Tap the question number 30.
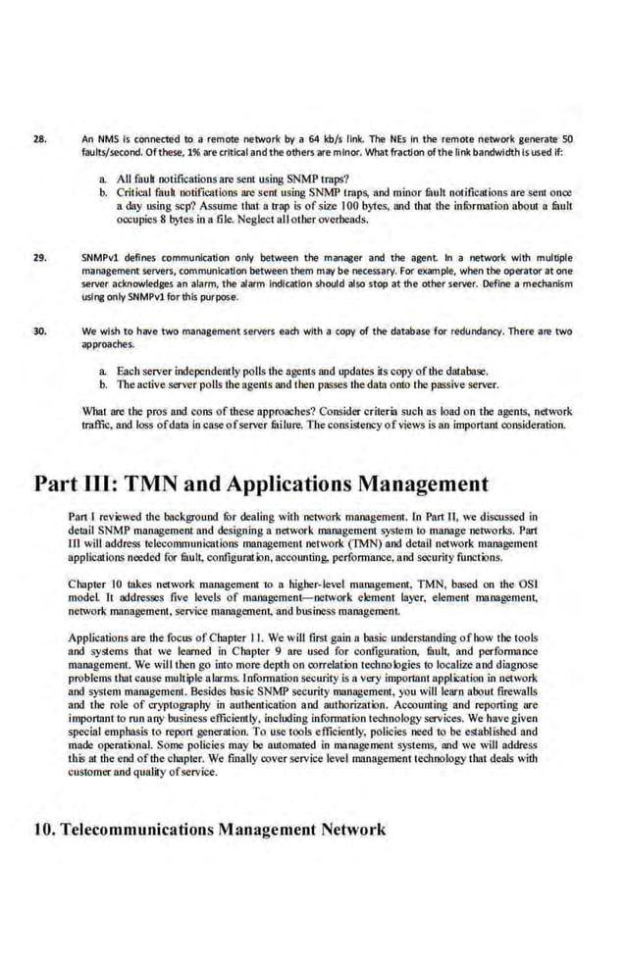40,331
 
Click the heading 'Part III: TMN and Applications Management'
261,483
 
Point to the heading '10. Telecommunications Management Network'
210,830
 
